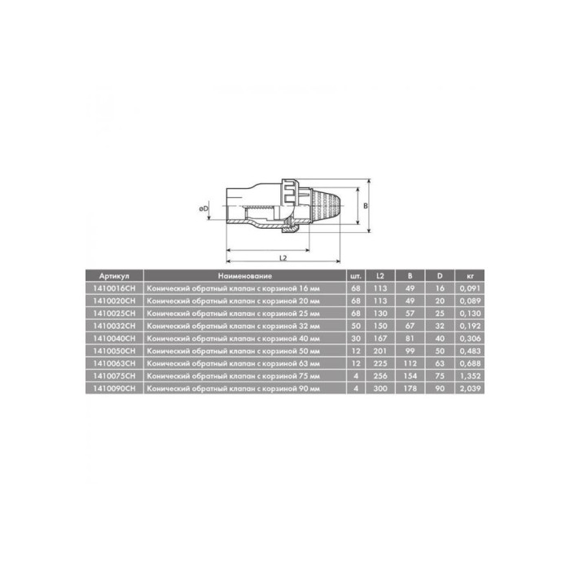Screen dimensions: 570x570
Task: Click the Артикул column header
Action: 114,276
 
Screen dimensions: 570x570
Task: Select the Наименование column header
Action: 245,276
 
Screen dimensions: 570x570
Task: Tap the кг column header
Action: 470,276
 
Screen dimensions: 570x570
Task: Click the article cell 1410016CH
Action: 114,288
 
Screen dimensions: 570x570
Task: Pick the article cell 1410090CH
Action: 114,388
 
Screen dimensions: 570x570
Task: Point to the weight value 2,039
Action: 470,388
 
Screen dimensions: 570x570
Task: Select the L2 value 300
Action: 380,388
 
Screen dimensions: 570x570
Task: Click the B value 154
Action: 410,376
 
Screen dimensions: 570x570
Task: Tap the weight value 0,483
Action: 470,351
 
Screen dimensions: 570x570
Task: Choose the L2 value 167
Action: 380,339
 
